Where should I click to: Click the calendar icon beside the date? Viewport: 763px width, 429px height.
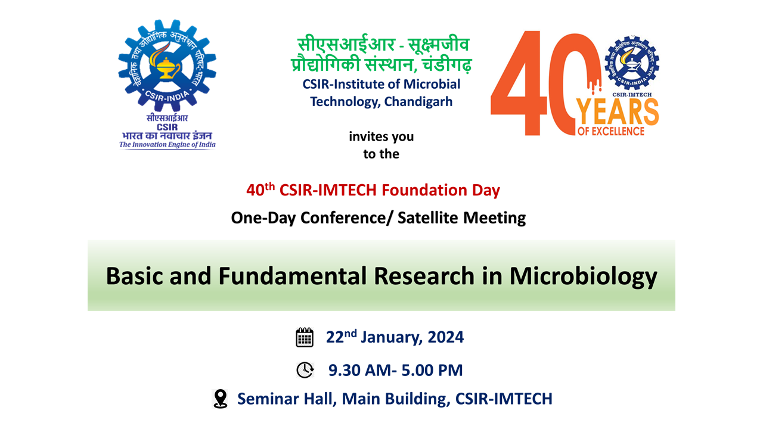305,337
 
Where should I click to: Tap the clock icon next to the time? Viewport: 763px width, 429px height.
305,370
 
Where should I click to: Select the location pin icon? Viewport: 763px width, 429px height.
221,399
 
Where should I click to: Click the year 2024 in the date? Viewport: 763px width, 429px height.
445,337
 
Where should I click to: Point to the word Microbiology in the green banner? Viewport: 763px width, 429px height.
583,276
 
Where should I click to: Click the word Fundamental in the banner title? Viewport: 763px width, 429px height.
292,275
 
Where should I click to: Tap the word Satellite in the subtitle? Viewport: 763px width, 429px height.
427,217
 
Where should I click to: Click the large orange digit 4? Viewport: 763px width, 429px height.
519,83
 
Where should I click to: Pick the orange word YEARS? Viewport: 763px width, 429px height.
617,112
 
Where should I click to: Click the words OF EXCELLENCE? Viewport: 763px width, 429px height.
611,132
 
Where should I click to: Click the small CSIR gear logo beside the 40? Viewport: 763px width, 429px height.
632,63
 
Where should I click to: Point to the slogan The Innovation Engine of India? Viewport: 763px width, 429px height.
168,145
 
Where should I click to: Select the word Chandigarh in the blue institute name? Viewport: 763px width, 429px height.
418,102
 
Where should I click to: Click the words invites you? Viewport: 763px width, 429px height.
381,136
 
